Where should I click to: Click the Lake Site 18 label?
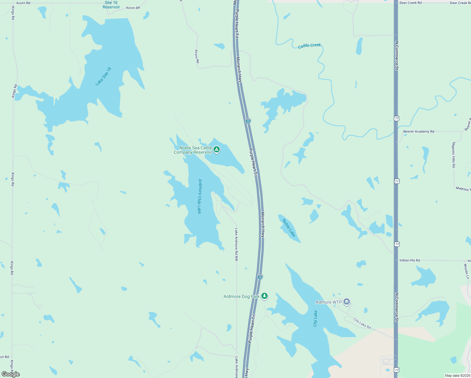103,76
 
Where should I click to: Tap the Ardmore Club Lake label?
200,196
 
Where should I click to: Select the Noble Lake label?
289,228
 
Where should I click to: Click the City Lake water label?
315,318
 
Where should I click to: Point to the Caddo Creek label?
309,46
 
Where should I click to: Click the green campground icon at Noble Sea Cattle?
217,149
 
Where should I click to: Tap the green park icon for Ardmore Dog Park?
265,296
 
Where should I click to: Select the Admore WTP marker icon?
347,302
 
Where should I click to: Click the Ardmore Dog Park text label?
241,296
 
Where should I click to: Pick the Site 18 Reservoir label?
111,5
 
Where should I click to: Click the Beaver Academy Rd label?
418,131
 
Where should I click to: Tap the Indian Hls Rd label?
409,260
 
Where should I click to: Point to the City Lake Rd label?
362,324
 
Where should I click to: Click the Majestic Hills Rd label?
454,155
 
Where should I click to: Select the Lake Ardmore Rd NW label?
236,244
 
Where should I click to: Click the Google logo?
11,374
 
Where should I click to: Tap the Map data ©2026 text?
457,375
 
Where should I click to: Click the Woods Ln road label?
466,271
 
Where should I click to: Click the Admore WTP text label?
329,302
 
